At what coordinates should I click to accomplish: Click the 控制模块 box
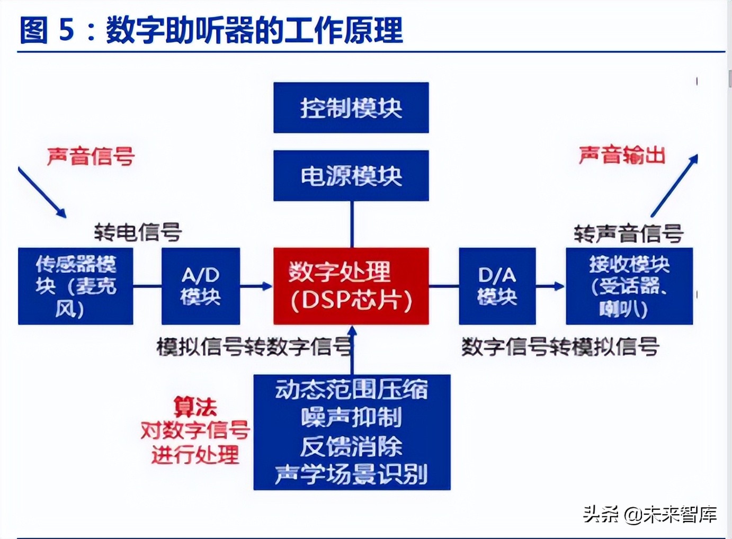pyautogui.click(x=351, y=107)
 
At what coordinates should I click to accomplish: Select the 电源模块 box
pyautogui.click(x=351, y=175)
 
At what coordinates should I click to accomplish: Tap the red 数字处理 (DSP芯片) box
pyautogui.click(x=351, y=286)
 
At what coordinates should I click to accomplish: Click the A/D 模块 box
pyautogui.click(x=200, y=286)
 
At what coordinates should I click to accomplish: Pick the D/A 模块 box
pyautogui.click(x=497, y=286)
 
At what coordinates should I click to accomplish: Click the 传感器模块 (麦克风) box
pyautogui.click(x=75, y=286)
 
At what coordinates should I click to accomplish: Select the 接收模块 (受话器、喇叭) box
pyautogui.click(x=629, y=286)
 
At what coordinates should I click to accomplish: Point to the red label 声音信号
pyautogui.click(x=91, y=156)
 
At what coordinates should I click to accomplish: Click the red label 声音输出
pyautogui.click(x=622, y=155)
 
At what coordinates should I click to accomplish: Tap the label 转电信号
pyautogui.click(x=138, y=232)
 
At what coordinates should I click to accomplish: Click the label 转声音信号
pyautogui.click(x=628, y=233)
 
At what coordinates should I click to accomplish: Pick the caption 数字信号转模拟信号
pyautogui.click(x=560, y=347)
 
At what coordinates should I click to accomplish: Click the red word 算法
pyautogui.click(x=195, y=407)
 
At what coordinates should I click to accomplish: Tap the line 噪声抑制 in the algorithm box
pyautogui.click(x=351, y=417)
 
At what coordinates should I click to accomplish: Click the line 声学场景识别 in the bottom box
pyautogui.click(x=351, y=474)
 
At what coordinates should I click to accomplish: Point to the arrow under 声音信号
pyautogui.click(x=42, y=192)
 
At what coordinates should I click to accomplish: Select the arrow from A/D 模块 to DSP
pyautogui.click(x=256, y=286)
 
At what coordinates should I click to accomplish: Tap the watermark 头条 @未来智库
pyautogui.click(x=650, y=514)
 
